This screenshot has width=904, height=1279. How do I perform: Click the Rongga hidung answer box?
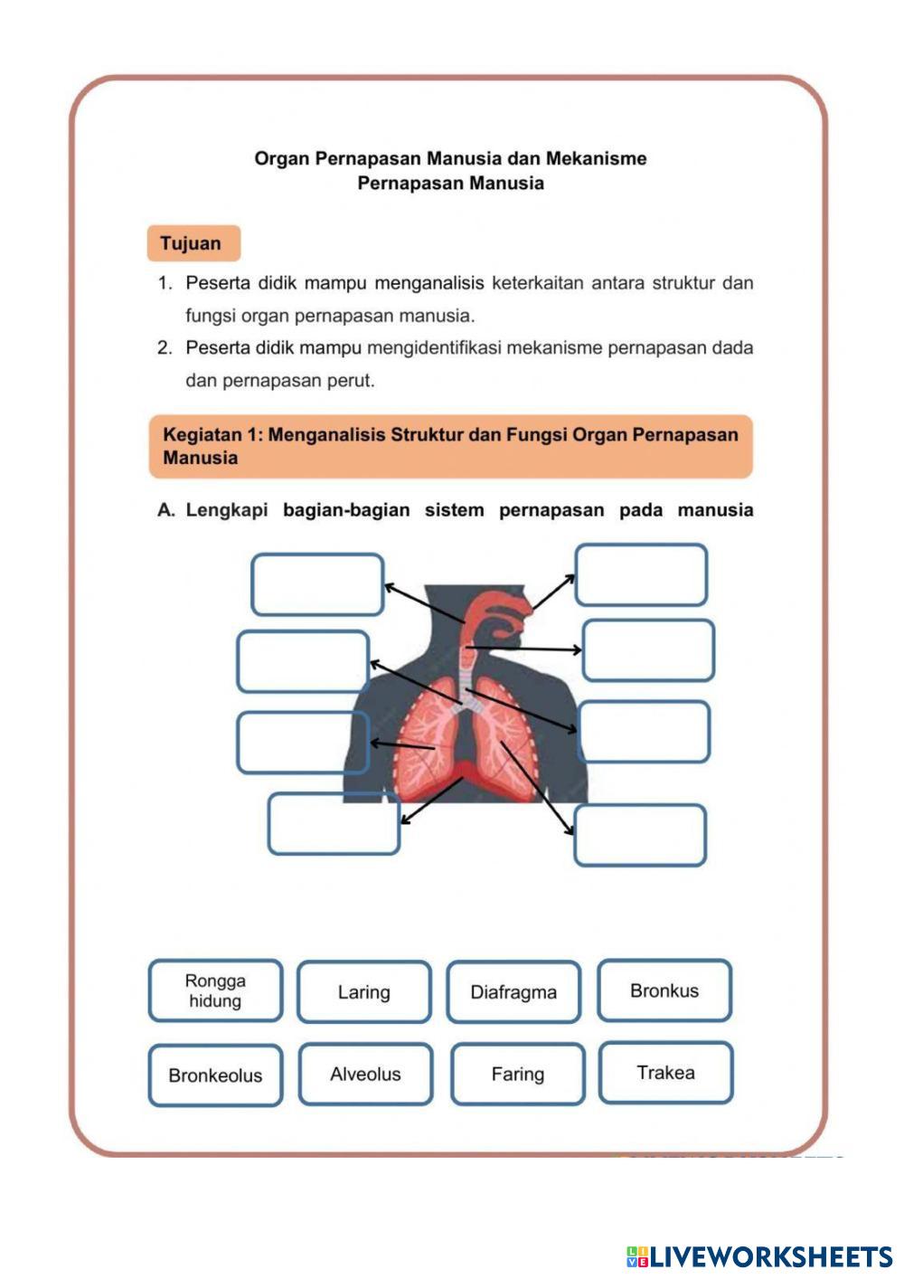pyautogui.click(x=215, y=990)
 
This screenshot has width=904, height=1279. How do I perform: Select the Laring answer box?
pyautogui.click(x=363, y=992)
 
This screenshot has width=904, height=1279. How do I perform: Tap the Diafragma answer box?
pyautogui.click(x=513, y=992)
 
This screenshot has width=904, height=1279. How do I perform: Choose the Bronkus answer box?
pyautogui.click(x=664, y=990)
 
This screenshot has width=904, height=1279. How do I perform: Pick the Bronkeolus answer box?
pyautogui.click(x=215, y=1075)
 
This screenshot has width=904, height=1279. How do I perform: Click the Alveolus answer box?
pyautogui.click(x=365, y=1074)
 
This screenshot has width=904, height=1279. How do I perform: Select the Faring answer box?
pyautogui.click(x=518, y=1074)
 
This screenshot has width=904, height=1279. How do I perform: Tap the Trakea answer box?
pyautogui.click(x=665, y=1073)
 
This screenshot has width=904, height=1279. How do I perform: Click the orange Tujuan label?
pyautogui.click(x=193, y=243)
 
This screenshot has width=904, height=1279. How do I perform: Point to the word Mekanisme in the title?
pyautogui.click(x=597, y=158)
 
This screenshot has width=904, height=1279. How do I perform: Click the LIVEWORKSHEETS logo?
pyautogui.click(x=759, y=1256)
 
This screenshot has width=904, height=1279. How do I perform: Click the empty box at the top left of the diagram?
pyautogui.click(x=317, y=584)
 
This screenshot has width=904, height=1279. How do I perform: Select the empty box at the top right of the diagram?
pyautogui.click(x=641, y=574)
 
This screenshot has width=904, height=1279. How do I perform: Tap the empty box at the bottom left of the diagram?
pyautogui.click(x=334, y=823)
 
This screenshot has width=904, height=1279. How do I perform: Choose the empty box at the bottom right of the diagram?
pyautogui.click(x=640, y=835)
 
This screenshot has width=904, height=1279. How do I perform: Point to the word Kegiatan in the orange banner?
pyautogui.click(x=202, y=434)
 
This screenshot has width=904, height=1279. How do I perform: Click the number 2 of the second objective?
pyautogui.click(x=164, y=348)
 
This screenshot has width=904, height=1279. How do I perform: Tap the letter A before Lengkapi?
pyautogui.click(x=165, y=510)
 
